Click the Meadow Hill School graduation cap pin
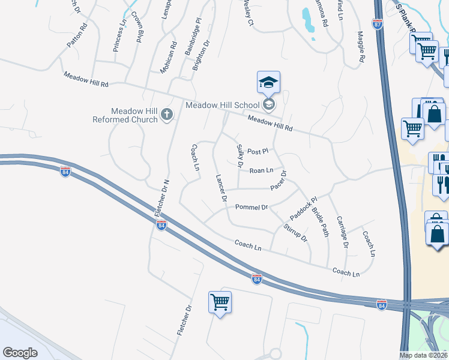(x=268, y=83)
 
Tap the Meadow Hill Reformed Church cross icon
(x=167, y=113)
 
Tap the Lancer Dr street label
(x=220, y=188)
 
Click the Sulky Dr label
(x=240, y=155)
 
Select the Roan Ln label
(x=261, y=170)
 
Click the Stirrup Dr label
(x=295, y=232)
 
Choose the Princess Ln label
(x=119, y=37)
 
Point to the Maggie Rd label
(x=361, y=47)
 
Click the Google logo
(x=20, y=353)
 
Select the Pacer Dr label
(x=279, y=180)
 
